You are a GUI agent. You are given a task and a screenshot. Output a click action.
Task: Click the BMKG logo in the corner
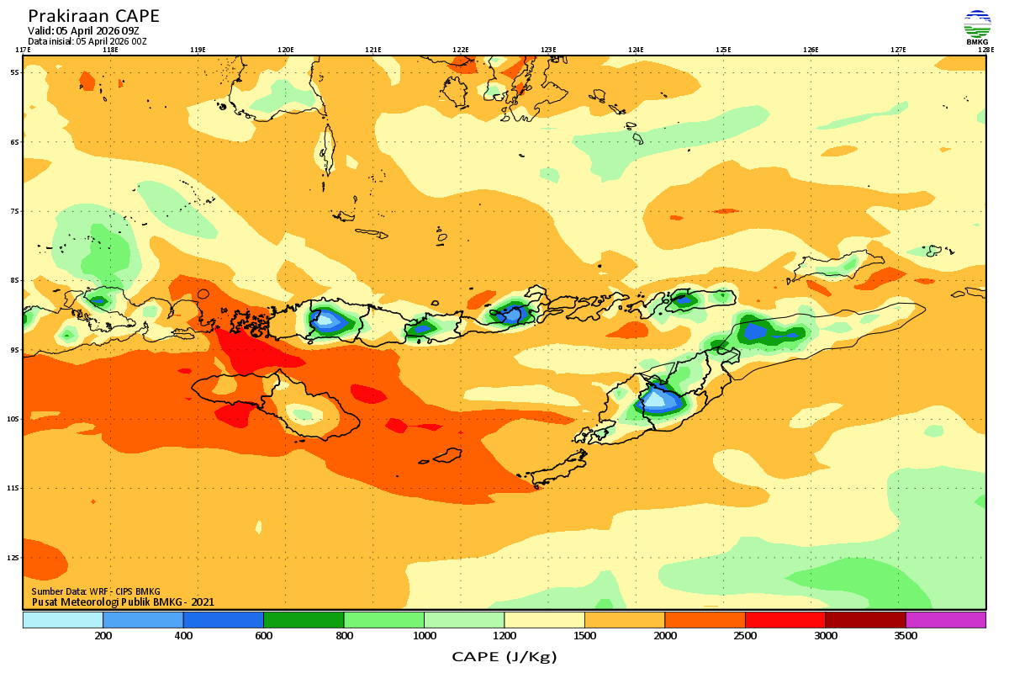(x=977, y=27)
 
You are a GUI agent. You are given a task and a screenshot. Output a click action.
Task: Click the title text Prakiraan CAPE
(x=93, y=16)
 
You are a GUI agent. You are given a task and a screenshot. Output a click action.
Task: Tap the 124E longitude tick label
(x=636, y=50)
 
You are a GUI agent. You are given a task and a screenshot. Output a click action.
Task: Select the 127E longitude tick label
(x=898, y=50)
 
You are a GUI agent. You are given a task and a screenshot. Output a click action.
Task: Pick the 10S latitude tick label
(x=13, y=419)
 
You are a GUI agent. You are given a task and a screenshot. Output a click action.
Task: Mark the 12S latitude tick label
(x=13, y=558)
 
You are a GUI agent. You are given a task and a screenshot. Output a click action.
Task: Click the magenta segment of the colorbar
(x=945, y=620)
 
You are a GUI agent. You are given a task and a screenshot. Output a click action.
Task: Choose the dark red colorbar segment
(x=865, y=620)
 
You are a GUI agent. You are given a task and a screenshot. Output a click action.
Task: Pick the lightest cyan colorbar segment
(x=63, y=620)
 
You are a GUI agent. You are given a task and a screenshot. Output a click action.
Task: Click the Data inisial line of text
(x=87, y=40)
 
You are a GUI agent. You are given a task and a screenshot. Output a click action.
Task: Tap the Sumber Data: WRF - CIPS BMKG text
(x=96, y=591)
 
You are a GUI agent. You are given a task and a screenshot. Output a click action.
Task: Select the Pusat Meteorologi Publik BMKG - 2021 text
(x=123, y=601)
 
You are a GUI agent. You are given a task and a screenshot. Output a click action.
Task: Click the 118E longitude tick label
(x=110, y=50)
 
